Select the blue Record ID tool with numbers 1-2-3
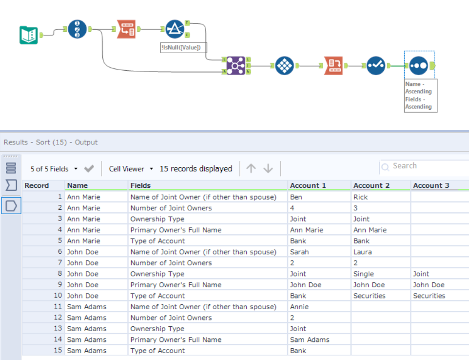click(x=77, y=29)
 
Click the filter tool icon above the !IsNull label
click(x=175, y=29)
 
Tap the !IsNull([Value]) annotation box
click(x=180, y=47)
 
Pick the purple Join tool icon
click(x=235, y=65)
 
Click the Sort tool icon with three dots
click(x=419, y=65)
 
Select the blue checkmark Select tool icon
click(x=375, y=65)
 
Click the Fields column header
click(x=140, y=185)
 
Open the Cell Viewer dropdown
click(x=131, y=169)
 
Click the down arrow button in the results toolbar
click(x=268, y=169)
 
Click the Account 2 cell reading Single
click(x=363, y=274)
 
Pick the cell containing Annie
click(x=299, y=307)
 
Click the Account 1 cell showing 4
click(x=293, y=208)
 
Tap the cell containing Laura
click(x=362, y=252)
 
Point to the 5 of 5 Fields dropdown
click(x=54, y=169)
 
